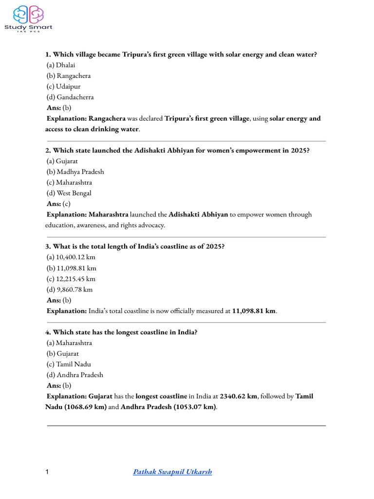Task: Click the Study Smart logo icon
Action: [29, 15]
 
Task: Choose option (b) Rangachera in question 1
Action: [69, 76]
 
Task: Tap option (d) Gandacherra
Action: [70, 97]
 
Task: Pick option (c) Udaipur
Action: [64, 86]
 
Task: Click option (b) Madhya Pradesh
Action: [75, 172]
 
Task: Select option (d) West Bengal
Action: [69, 193]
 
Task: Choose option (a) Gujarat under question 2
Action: [62, 161]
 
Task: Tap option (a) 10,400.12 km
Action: [71, 257]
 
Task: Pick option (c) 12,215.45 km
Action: [71, 279]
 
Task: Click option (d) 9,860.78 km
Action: [70, 289]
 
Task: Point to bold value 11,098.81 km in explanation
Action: [254, 311]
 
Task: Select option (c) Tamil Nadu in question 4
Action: [69, 364]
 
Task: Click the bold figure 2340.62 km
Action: [238, 396]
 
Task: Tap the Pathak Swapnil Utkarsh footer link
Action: [172, 472]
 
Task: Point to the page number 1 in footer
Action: [47, 472]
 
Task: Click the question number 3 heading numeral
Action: [48, 247]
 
